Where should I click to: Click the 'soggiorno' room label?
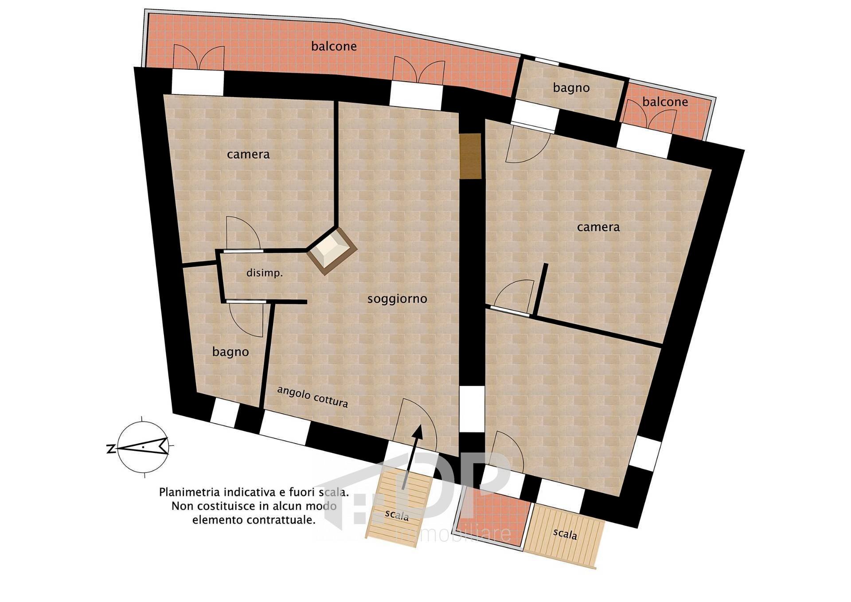click(x=397, y=299)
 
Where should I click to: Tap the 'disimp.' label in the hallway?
click(x=265, y=273)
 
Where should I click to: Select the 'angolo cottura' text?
click(x=312, y=397)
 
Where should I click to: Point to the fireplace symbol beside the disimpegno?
click(x=332, y=251)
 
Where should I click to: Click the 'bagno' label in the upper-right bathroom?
click(x=571, y=88)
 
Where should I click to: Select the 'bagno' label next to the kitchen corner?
click(x=230, y=352)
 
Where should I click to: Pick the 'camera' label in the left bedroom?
click(x=248, y=154)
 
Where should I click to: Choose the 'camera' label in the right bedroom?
click(x=598, y=227)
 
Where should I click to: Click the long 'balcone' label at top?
click(x=334, y=46)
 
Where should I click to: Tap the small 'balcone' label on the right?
click(x=665, y=102)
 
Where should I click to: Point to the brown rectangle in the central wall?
click(x=470, y=156)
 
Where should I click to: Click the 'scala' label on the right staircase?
click(x=565, y=534)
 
